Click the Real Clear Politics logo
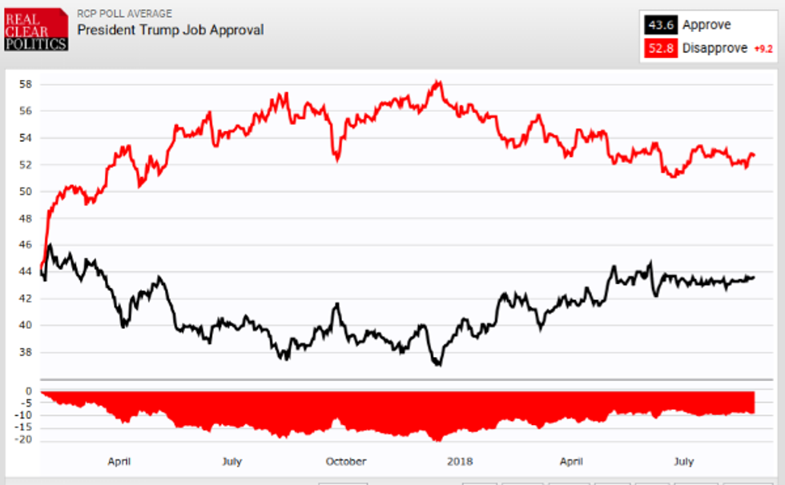(x=35, y=28)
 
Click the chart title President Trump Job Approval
(x=170, y=30)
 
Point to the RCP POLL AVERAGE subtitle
(x=124, y=14)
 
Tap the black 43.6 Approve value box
(x=660, y=25)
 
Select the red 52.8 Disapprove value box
(x=660, y=48)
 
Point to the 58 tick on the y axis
(x=26, y=84)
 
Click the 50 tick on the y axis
(x=26, y=191)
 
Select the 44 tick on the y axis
(x=26, y=271)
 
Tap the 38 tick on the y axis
(x=26, y=352)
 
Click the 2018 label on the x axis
(x=460, y=461)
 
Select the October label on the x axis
(x=346, y=461)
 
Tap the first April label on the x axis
(x=119, y=461)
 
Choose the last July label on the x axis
(x=683, y=461)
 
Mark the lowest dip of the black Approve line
(x=437, y=365)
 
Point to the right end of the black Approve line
(x=753, y=277)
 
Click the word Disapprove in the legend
(x=715, y=48)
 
